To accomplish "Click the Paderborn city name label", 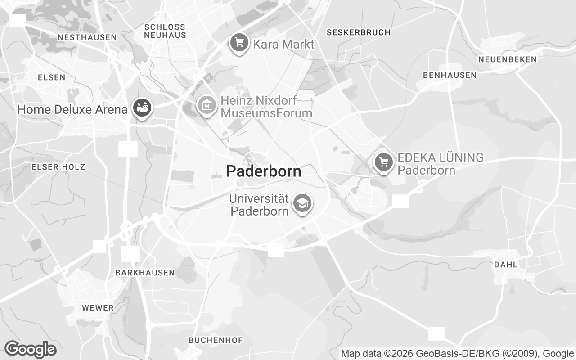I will [263, 171].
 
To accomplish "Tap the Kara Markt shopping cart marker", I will [239, 43].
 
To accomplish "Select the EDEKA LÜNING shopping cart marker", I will [383, 162].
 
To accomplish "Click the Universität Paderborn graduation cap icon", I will [302, 203].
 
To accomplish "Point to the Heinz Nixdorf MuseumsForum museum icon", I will [207, 105].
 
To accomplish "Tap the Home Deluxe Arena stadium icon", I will [143, 108].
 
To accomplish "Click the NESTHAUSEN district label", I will [87, 37].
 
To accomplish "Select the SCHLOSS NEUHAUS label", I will [165, 31].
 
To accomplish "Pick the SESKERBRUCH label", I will [359, 32].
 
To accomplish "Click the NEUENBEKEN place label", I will [508, 59].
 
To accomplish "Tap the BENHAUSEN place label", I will [450, 75].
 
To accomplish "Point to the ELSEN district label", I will [51, 77].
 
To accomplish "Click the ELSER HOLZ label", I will [58, 167].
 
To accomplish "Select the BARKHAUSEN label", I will [145, 273].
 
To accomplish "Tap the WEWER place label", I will [98, 308].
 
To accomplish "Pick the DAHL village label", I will [506, 265].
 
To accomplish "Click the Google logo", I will [30, 349].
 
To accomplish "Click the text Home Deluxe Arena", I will [72, 109].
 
